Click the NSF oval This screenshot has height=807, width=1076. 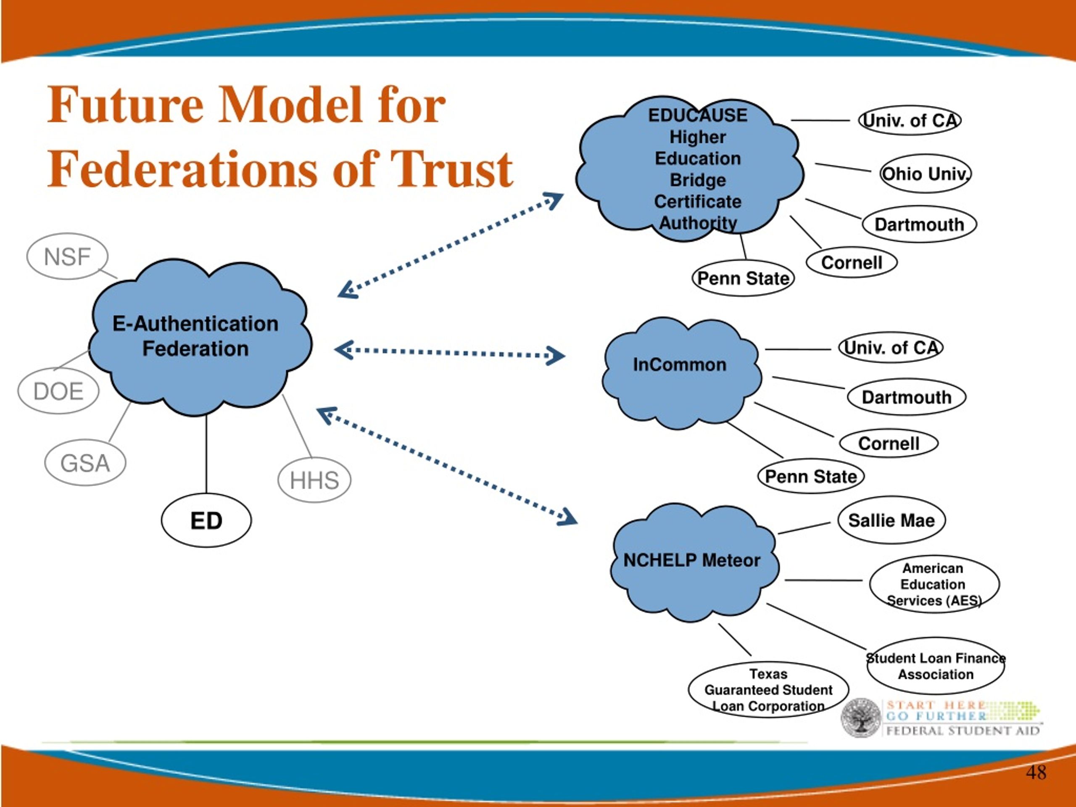pyautogui.click(x=67, y=256)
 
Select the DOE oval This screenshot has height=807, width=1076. pyautogui.click(x=58, y=391)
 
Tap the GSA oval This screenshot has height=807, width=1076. pyautogui.click(x=85, y=463)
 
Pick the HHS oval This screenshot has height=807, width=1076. pyautogui.click(x=314, y=480)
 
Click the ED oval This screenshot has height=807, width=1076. pyautogui.click(x=206, y=520)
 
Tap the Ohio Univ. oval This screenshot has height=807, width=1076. pyautogui.click(x=925, y=174)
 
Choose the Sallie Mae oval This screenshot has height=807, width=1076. pyautogui.click(x=891, y=520)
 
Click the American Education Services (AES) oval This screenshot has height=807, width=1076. pyautogui.click(x=934, y=584)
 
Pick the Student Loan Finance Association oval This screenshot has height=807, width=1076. pyautogui.click(x=936, y=666)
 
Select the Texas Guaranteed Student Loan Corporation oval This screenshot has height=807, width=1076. pyautogui.click(x=769, y=690)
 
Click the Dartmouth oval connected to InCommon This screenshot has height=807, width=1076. pyautogui.click(x=907, y=397)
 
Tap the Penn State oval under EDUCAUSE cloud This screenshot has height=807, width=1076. pyautogui.click(x=743, y=278)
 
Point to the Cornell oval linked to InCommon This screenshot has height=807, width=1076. pyautogui.click(x=889, y=443)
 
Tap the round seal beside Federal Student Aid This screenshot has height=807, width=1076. pyautogui.click(x=861, y=718)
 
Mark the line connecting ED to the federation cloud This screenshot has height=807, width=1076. pyautogui.click(x=206, y=454)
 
